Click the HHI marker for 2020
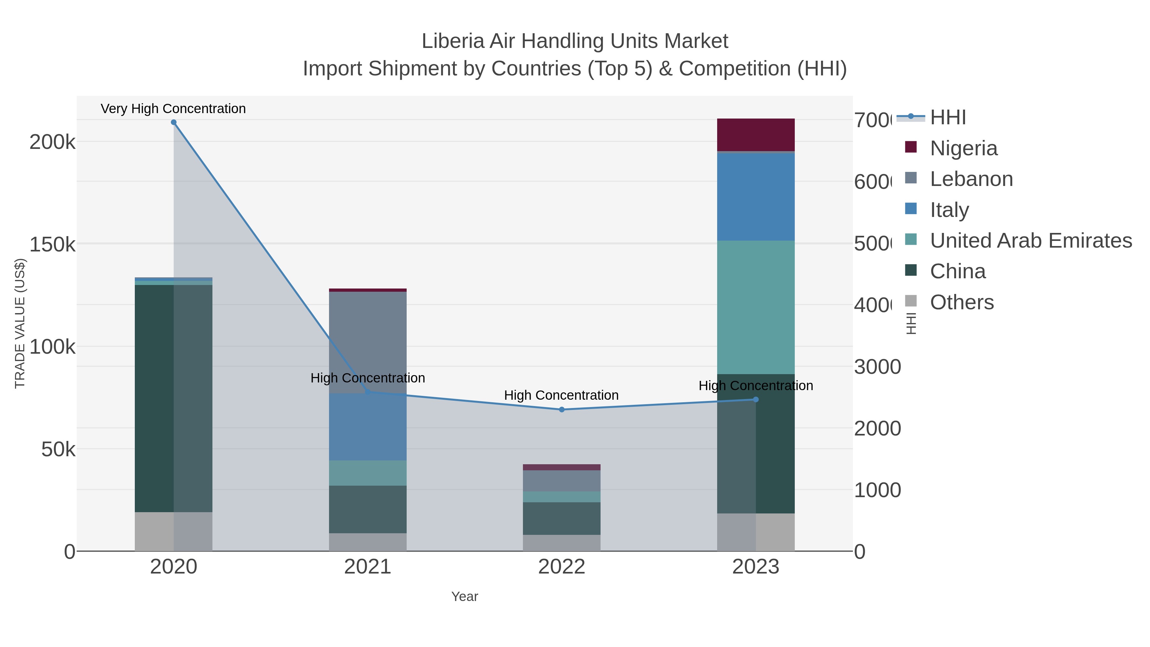click(174, 122)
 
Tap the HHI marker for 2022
click(562, 410)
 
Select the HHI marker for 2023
click(756, 400)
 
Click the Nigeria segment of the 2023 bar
click(756, 135)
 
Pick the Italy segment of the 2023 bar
click(756, 196)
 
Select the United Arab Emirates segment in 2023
click(756, 307)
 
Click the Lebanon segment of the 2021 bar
click(368, 342)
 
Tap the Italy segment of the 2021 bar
click(368, 427)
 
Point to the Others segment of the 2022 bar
click(562, 543)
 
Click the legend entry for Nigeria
click(963, 148)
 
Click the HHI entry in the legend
click(948, 118)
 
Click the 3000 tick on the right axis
click(877, 367)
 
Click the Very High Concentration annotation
click(173, 109)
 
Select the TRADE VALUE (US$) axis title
click(20, 323)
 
